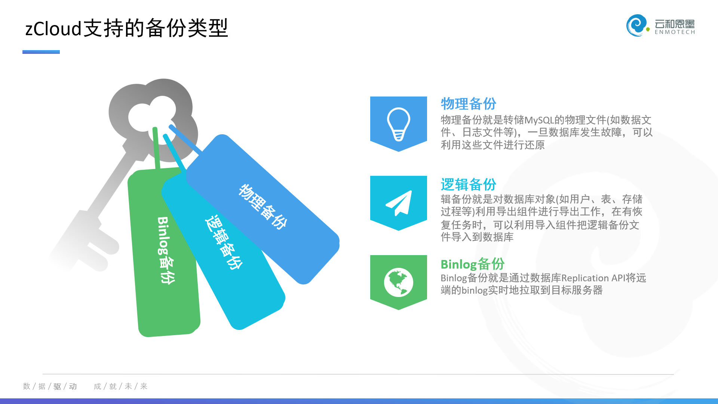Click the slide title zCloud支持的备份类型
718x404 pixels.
(126, 28)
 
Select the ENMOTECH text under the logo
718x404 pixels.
(675, 32)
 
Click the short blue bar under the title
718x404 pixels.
(41, 52)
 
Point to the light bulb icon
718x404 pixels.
(399, 124)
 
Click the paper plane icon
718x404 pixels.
(399, 203)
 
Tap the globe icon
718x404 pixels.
(399, 282)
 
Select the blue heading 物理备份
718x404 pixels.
(468, 104)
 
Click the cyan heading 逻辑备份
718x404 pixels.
(468, 184)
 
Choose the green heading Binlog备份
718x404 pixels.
(473, 264)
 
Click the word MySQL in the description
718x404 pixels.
(539, 120)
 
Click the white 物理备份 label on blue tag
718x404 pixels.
(263, 206)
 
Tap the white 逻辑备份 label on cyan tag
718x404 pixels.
(224, 242)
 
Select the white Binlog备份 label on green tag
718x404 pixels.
(166, 250)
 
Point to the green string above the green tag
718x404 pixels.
(156, 148)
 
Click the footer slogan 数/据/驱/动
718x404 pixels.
(50, 386)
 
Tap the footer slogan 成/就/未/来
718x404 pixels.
(120, 386)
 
